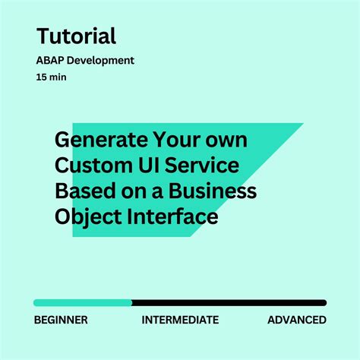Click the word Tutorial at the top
pyautogui.click(x=76, y=36)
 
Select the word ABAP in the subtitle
pyautogui.click(x=51, y=60)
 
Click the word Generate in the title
pyautogui.click(x=100, y=141)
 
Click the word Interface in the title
pyautogui.click(x=174, y=217)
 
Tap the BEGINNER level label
pyautogui.click(x=61, y=320)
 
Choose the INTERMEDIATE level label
pyautogui.click(x=180, y=320)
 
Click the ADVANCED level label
pyautogui.click(x=297, y=320)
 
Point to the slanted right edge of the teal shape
pyautogui.click(x=247, y=180)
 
